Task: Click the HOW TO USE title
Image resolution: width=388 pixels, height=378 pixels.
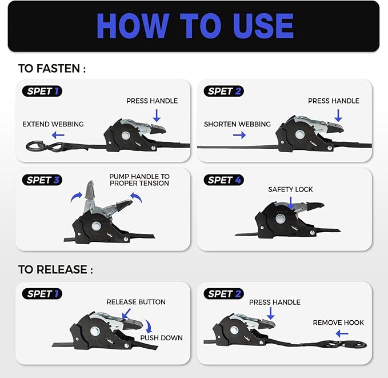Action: coord(195,26)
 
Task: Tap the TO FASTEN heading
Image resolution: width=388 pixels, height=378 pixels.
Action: coord(52,69)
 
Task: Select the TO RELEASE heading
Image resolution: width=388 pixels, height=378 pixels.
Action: coord(55,269)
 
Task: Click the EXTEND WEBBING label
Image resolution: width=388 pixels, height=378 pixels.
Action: coord(53,124)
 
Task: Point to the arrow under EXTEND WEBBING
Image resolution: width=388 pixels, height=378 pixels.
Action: coord(58,136)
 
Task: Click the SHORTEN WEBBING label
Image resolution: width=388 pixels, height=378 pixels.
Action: coord(237,124)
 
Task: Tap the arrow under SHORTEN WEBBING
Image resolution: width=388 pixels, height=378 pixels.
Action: coord(239,136)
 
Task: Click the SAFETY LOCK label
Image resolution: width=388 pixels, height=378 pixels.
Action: coord(290,189)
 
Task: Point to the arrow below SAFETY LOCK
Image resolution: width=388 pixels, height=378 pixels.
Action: coord(291,203)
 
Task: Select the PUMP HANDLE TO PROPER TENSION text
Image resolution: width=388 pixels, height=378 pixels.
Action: coord(139,180)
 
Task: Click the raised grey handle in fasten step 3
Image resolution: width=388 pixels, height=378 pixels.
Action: coord(89,196)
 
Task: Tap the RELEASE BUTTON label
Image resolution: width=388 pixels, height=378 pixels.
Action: coord(136,302)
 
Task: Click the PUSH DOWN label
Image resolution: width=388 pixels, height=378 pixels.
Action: coord(161,338)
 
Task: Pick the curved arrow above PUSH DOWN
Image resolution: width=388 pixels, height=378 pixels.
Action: coord(149,326)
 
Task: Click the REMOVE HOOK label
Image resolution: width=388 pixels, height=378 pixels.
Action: coord(338,323)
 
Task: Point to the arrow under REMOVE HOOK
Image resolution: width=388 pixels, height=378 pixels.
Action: coord(342,333)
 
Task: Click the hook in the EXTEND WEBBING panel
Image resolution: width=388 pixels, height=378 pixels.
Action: coord(43,146)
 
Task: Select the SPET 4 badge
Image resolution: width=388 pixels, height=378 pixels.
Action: coord(224,180)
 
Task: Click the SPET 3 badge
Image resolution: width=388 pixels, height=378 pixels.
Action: coord(42,180)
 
